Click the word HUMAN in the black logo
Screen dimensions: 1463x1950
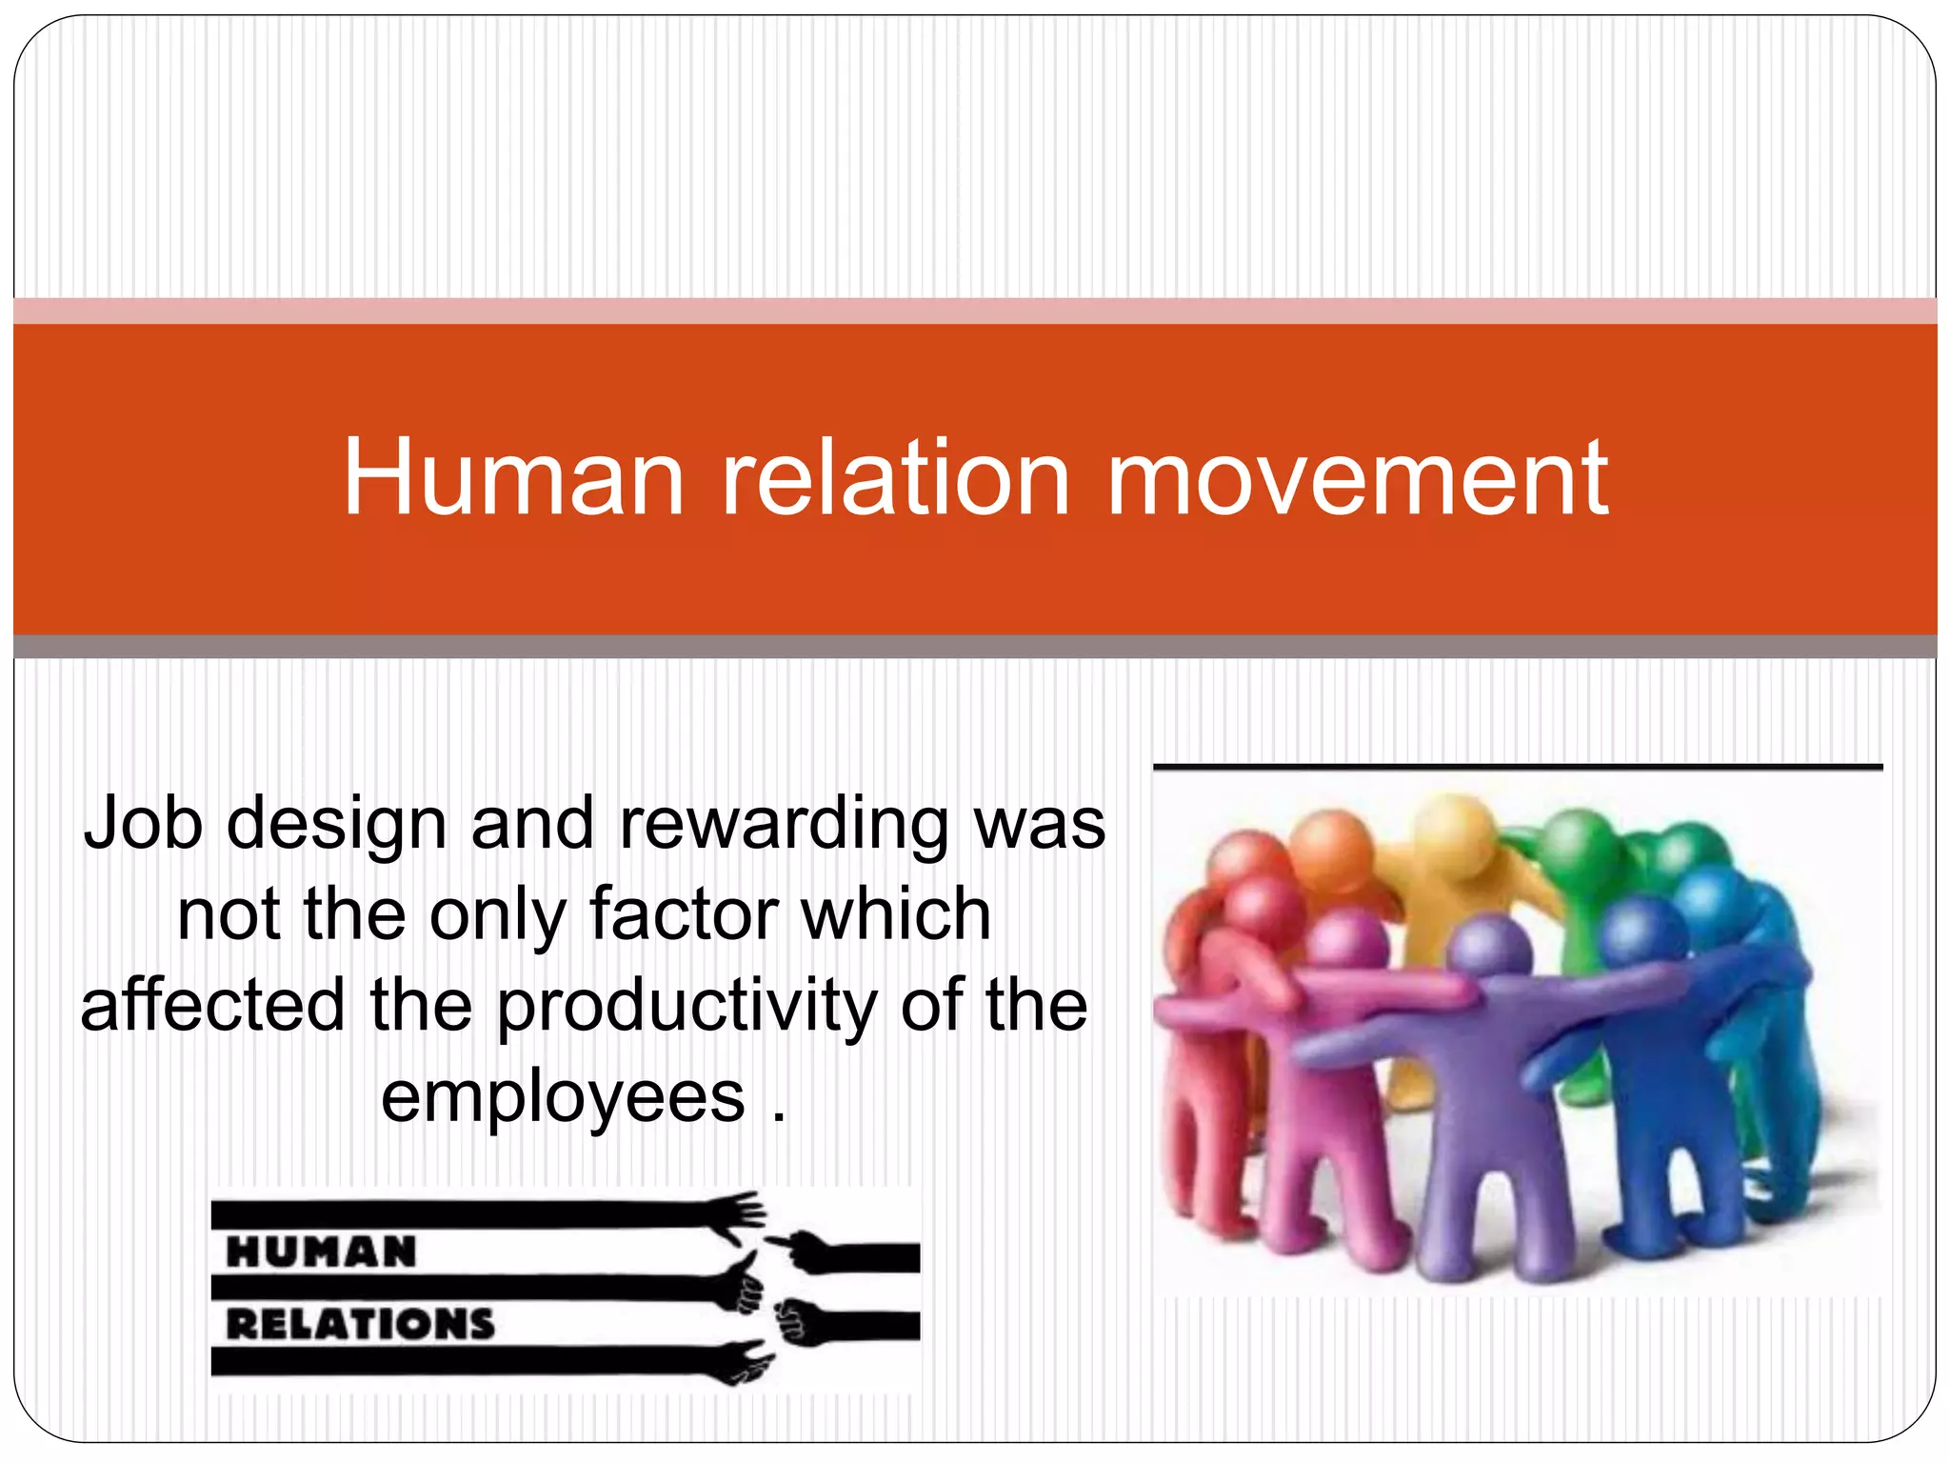[x=322, y=1252]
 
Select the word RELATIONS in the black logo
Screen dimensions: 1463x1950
[x=361, y=1324]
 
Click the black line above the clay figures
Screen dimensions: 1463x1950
[x=1518, y=766]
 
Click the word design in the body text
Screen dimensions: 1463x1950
[x=337, y=825]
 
